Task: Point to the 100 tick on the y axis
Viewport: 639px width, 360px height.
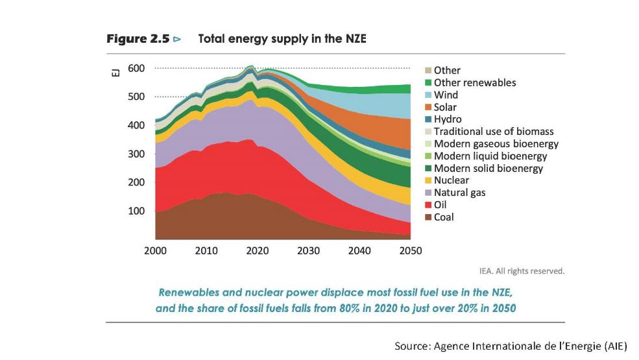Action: click(136, 211)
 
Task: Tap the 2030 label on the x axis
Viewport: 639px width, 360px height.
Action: click(308, 251)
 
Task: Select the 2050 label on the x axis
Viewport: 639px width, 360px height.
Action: click(410, 251)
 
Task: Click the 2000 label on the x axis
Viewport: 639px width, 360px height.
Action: click(155, 251)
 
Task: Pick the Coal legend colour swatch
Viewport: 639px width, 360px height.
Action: click(428, 217)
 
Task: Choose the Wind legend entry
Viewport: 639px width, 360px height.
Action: click(446, 95)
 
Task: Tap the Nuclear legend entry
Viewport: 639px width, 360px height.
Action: click(451, 180)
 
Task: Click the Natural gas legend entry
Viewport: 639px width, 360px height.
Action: click(459, 193)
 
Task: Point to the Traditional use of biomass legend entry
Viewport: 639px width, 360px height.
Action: click(493, 132)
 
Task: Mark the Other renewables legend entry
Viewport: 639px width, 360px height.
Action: click(474, 82)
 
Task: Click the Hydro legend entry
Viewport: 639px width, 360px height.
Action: click(448, 119)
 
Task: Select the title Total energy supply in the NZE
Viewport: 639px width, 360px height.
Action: click(282, 40)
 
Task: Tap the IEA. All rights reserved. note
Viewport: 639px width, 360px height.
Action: click(522, 271)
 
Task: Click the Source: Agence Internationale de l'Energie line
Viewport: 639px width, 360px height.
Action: click(511, 346)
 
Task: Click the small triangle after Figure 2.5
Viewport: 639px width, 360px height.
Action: click(176, 40)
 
